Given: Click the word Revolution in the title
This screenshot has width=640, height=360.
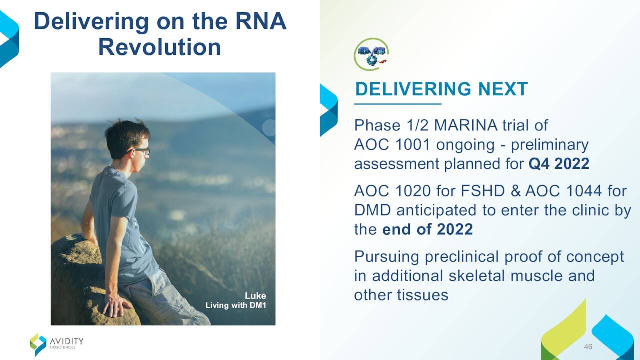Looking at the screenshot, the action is pyautogui.click(x=159, y=47).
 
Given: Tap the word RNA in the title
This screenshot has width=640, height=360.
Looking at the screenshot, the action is pyautogui.click(x=261, y=21).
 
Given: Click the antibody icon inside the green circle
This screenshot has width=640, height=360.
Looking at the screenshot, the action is pyautogui.click(x=371, y=54).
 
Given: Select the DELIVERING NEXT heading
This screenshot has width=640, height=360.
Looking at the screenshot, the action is pyautogui.click(x=441, y=89).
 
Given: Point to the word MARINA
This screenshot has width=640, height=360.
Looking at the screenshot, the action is pyautogui.click(x=465, y=125).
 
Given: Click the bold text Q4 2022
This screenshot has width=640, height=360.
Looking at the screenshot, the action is pyautogui.click(x=559, y=164).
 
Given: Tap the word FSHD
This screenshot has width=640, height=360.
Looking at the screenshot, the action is pyautogui.click(x=483, y=191).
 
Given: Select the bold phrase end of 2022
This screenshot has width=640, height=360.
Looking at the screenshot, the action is pyautogui.click(x=427, y=229).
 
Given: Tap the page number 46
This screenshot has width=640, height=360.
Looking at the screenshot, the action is pyautogui.click(x=588, y=347).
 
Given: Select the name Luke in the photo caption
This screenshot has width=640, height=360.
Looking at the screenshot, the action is pyautogui.click(x=255, y=296).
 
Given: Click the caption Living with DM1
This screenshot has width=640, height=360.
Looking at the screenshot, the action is pyautogui.click(x=236, y=305).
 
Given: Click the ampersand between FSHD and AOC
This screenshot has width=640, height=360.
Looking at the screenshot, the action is pyautogui.click(x=515, y=191).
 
